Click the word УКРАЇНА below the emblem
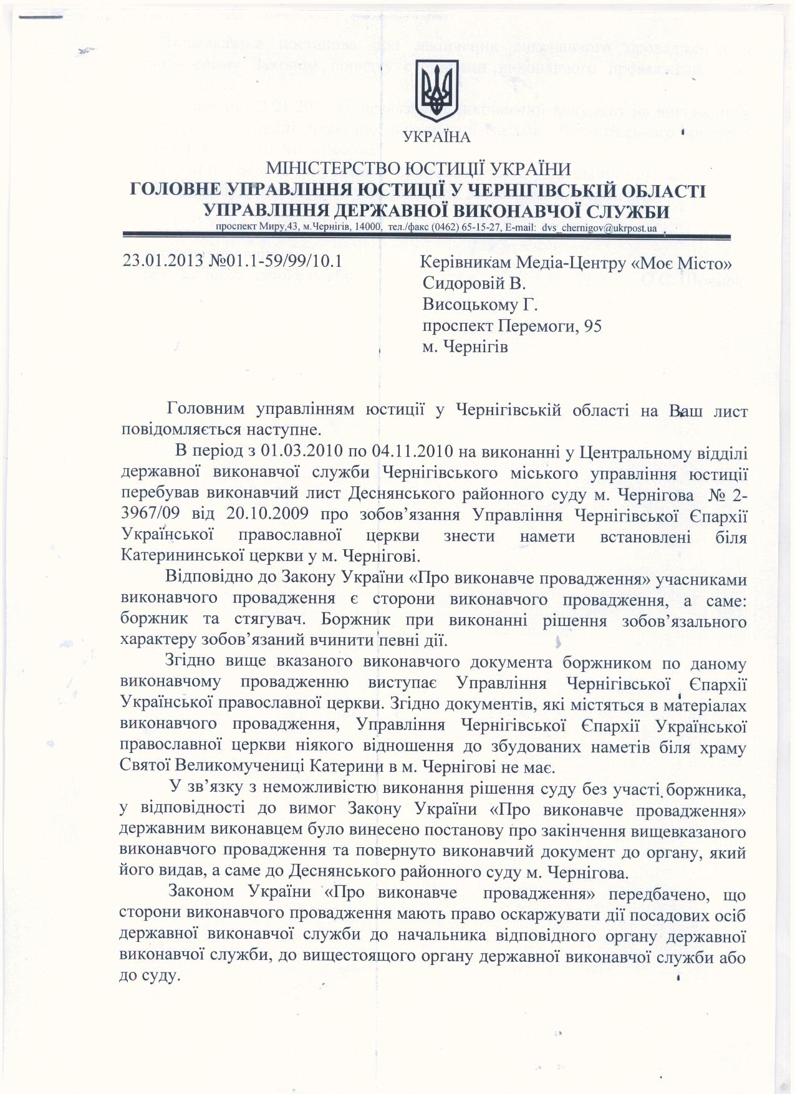point(438,137)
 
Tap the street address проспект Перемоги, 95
point(512,326)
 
